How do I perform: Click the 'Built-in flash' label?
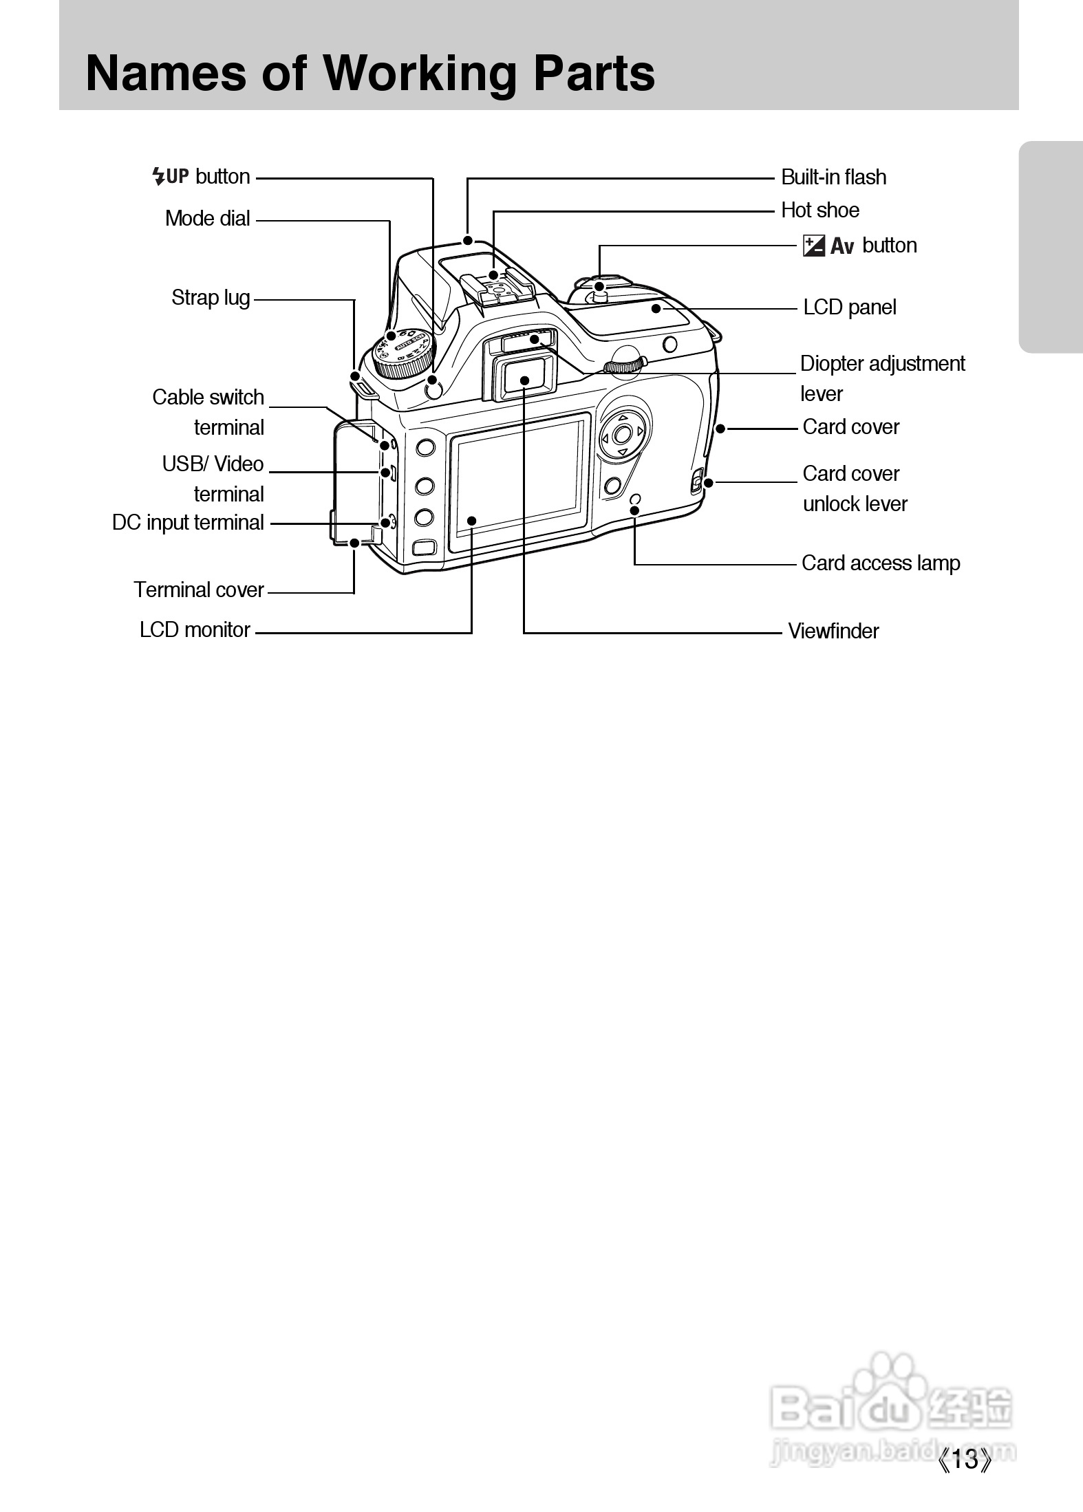tap(833, 177)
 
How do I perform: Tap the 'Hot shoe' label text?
tap(820, 210)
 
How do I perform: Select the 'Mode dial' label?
tap(207, 219)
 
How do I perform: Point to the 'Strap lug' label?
tap(211, 298)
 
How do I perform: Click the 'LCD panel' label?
tap(850, 307)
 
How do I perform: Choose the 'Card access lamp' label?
tap(881, 563)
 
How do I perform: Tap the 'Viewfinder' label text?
tap(833, 631)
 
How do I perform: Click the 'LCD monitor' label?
tap(195, 630)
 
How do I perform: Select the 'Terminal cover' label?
tap(199, 590)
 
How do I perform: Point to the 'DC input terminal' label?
tap(188, 523)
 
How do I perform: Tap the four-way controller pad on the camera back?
tap(623, 434)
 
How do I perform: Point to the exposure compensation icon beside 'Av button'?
tap(814, 246)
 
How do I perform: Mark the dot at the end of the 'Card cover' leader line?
tap(720, 429)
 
